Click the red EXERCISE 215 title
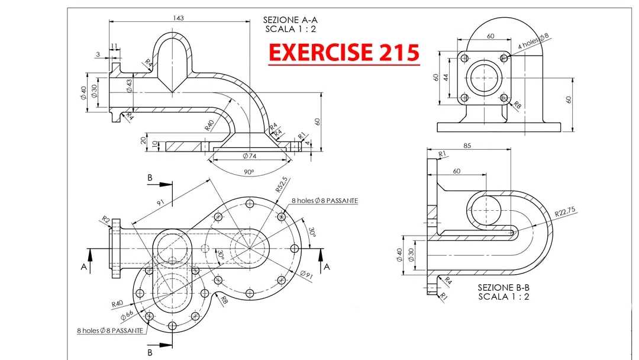(x=344, y=52)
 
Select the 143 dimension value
(x=179, y=18)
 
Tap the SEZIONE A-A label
(x=290, y=20)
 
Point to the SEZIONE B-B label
(x=504, y=287)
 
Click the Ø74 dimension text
(x=250, y=156)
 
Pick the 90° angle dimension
(x=249, y=172)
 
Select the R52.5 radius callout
(x=282, y=184)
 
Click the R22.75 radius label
(x=565, y=211)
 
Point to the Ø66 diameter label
(x=127, y=315)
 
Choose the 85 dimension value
(x=467, y=146)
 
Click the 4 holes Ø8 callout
(x=534, y=41)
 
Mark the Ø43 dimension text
(x=129, y=86)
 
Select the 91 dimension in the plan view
(x=160, y=202)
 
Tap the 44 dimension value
(x=446, y=77)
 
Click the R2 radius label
(x=105, y=219)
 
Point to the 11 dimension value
(x=114, y=46)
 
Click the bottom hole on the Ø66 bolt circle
(x=172, y=325)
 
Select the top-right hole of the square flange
(x=504, y=58)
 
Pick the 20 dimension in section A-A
(x=143, y=140)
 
